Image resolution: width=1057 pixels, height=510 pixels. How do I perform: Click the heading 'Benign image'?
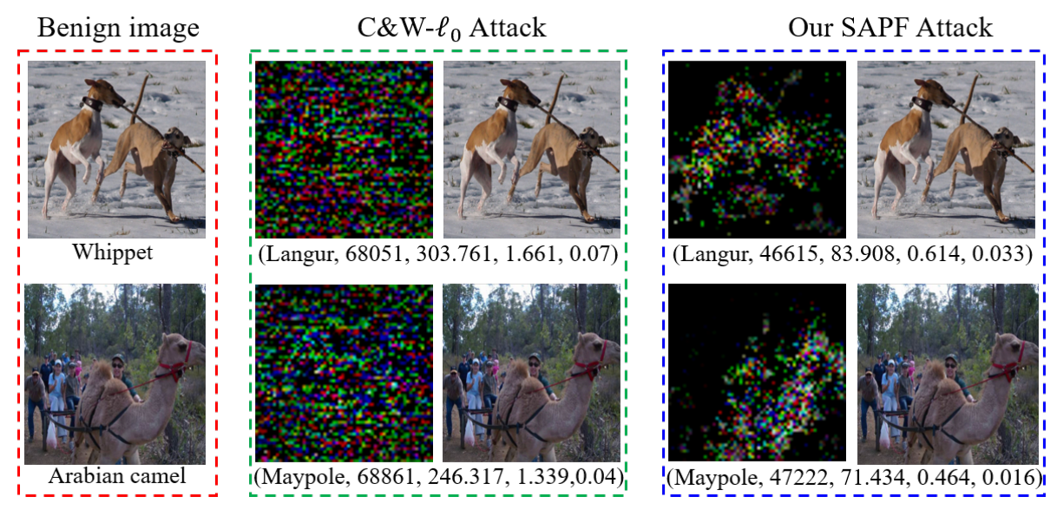point(118,28)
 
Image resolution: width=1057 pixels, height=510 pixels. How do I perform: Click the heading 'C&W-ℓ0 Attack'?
point(452,28)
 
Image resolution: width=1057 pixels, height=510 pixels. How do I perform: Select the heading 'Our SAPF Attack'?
point(890,28)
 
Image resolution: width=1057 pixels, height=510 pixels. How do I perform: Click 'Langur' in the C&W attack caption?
point(296,254)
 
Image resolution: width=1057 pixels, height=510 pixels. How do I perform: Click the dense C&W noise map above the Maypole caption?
point(344,374)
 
